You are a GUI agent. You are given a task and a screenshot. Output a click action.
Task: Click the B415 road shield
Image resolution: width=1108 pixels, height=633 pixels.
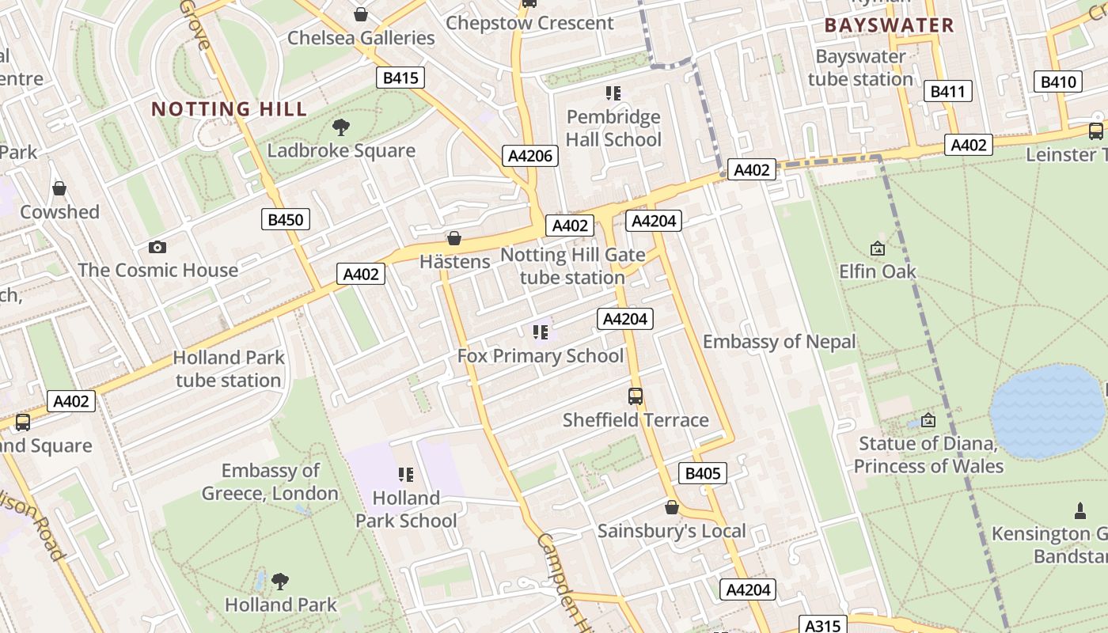point(400,78)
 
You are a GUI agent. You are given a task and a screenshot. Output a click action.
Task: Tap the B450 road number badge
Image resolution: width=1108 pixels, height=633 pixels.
point(285,219)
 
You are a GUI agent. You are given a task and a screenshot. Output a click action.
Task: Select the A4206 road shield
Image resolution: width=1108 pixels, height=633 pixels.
point(529,156)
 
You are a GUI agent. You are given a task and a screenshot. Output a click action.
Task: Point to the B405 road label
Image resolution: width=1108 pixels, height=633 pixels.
point(702,473)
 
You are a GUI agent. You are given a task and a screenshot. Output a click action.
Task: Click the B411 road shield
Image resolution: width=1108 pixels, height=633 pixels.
point(947,91)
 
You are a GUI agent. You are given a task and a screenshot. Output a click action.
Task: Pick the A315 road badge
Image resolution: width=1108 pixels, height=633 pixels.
point(822,625)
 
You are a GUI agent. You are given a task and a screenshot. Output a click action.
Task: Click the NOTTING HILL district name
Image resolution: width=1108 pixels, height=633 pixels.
point(229,109)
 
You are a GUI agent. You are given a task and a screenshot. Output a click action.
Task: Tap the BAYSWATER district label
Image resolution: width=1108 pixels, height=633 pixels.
point(889,25)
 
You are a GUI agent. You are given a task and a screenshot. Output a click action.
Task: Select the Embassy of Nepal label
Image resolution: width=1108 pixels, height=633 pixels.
point(779,342)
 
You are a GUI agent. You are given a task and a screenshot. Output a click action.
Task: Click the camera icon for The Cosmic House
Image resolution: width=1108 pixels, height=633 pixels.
point(157,247)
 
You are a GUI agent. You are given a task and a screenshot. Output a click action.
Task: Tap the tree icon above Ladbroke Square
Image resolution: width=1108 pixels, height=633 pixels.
point(341,127)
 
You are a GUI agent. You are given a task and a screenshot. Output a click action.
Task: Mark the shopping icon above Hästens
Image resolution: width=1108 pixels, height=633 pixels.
point(454,238)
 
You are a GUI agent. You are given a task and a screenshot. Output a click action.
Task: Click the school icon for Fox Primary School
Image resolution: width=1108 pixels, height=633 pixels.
point(541,332)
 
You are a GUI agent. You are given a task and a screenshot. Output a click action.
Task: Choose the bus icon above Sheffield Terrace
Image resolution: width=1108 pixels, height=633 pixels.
point(635,396)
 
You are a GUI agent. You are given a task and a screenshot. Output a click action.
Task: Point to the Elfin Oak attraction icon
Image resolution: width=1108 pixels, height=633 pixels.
point(877,248)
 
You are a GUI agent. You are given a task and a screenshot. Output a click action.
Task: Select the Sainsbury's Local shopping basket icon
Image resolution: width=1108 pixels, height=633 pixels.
point(671,507)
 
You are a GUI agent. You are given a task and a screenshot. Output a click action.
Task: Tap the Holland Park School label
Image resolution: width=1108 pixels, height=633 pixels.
point(406,510)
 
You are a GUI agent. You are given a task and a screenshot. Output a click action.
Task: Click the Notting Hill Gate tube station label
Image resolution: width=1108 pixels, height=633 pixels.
point(572,267)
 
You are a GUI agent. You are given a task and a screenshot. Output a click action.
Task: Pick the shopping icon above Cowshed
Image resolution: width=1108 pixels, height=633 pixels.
point(59,188)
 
